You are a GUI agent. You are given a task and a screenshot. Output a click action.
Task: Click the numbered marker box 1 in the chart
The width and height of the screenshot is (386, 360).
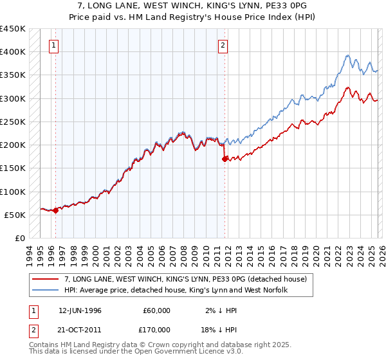[53, 45]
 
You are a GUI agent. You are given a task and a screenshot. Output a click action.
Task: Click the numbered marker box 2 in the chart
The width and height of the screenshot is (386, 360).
[223, 45]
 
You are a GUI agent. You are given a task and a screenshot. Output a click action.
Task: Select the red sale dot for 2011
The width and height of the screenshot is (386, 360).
[225, 159]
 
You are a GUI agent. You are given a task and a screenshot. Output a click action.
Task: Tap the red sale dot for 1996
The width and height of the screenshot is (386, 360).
[55, 210]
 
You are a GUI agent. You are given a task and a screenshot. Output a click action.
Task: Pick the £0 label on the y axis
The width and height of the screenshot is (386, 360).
[19, 239]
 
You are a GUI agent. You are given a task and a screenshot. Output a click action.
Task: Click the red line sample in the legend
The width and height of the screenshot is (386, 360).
[46, 278]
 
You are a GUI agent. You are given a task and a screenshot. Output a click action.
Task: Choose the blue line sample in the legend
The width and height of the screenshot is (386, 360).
[46, 289]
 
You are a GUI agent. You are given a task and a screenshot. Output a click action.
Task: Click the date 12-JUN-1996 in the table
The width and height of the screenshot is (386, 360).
[81, 310]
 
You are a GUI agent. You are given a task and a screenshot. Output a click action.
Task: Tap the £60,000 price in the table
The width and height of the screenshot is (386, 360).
[157, 310]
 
